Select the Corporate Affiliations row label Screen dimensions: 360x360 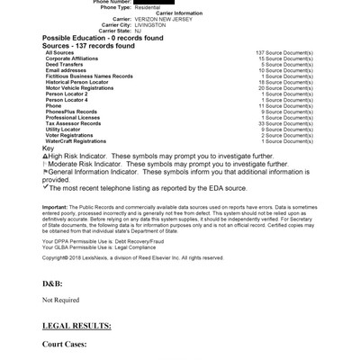[x=72, y=59]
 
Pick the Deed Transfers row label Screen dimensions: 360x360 [x=64, y=65]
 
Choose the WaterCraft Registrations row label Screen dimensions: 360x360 [x=76, y=141]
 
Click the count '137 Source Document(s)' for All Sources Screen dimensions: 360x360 [x=284, y=54]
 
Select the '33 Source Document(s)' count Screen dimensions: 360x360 [x=285, y=124]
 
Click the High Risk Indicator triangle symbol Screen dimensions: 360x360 [x=45, y=156]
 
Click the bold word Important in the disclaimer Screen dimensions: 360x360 [x=54, y=206]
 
